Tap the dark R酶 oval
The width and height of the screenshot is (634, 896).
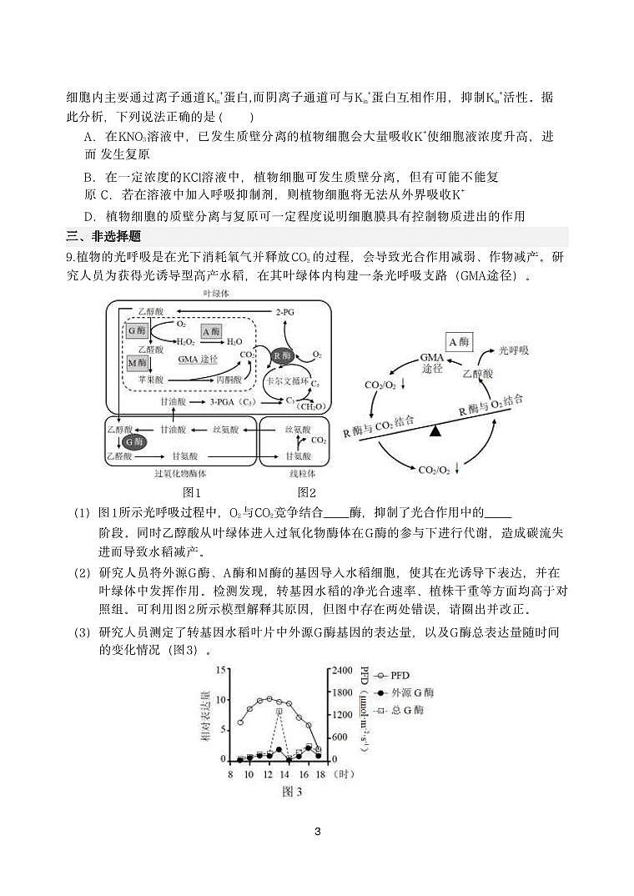(x=282, y=355)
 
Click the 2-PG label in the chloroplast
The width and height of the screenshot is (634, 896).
(x=285, y=312)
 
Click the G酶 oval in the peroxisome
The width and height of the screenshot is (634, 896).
(x=133, y=441)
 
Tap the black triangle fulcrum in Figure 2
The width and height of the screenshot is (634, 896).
(x=435, y=430)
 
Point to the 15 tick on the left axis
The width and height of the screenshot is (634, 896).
(x=221, y=670)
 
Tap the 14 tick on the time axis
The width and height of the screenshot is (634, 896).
(x=284, y=773)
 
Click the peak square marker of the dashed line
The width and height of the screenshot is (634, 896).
(x=279, y=712)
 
